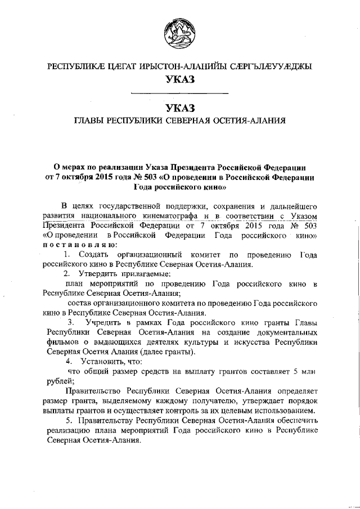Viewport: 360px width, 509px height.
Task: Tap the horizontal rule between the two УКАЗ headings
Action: click(x=179, y=92)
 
